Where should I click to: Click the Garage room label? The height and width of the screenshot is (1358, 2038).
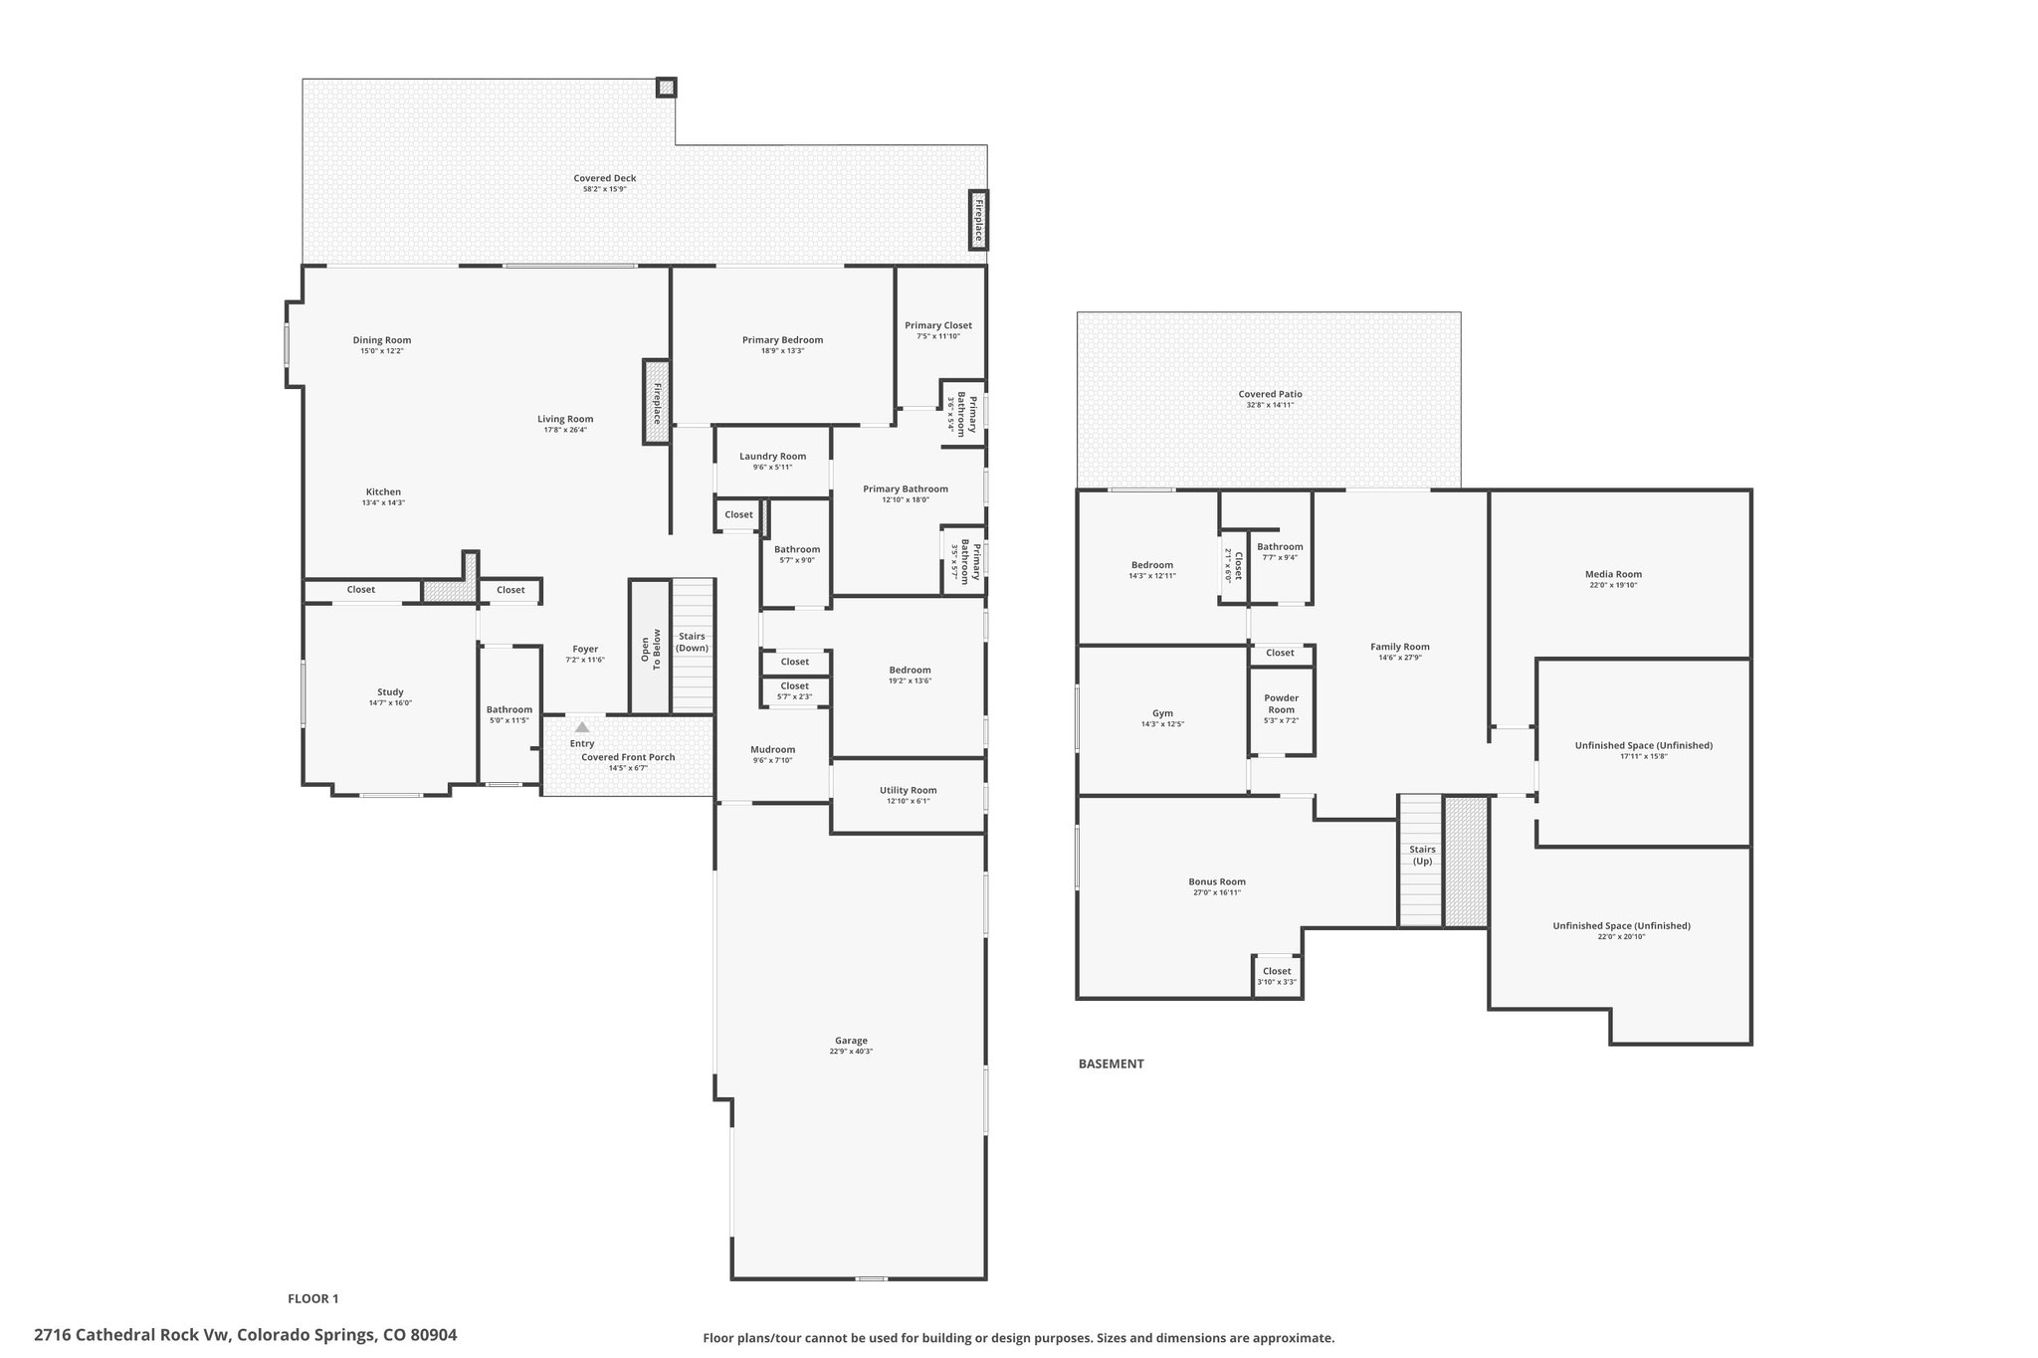[851, 1041]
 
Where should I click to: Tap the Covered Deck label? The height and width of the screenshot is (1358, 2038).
[605, 178]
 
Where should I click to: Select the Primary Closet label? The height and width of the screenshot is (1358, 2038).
[938, 325]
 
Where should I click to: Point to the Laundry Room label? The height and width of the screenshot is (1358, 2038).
[773, 457]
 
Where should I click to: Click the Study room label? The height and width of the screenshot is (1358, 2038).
[390, 692]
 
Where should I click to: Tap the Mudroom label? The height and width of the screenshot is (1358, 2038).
[773, 749]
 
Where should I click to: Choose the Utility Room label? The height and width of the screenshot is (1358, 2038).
[909, 790]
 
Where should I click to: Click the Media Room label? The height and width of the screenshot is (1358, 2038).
[1613, 574]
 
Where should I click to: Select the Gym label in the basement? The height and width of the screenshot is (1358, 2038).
[1162, 713]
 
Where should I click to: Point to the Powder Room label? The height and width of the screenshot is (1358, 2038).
[1282, 703]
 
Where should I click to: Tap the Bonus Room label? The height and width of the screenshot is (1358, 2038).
[1217, 881]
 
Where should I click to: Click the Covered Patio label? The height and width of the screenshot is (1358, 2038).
[1271, 394]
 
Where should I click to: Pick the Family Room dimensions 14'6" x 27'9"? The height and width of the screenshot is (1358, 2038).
[1400, 658]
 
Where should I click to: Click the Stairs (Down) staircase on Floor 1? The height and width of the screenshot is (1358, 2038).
[693, 645]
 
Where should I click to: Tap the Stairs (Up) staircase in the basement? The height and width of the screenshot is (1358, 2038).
[1421, 861]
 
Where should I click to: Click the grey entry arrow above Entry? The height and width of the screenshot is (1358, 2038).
[582, 727]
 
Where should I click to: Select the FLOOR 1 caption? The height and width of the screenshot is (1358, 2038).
[313, 1298]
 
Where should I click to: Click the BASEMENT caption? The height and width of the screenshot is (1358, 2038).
[1112, 1064]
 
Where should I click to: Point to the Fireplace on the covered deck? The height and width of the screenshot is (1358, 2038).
[979, 221]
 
